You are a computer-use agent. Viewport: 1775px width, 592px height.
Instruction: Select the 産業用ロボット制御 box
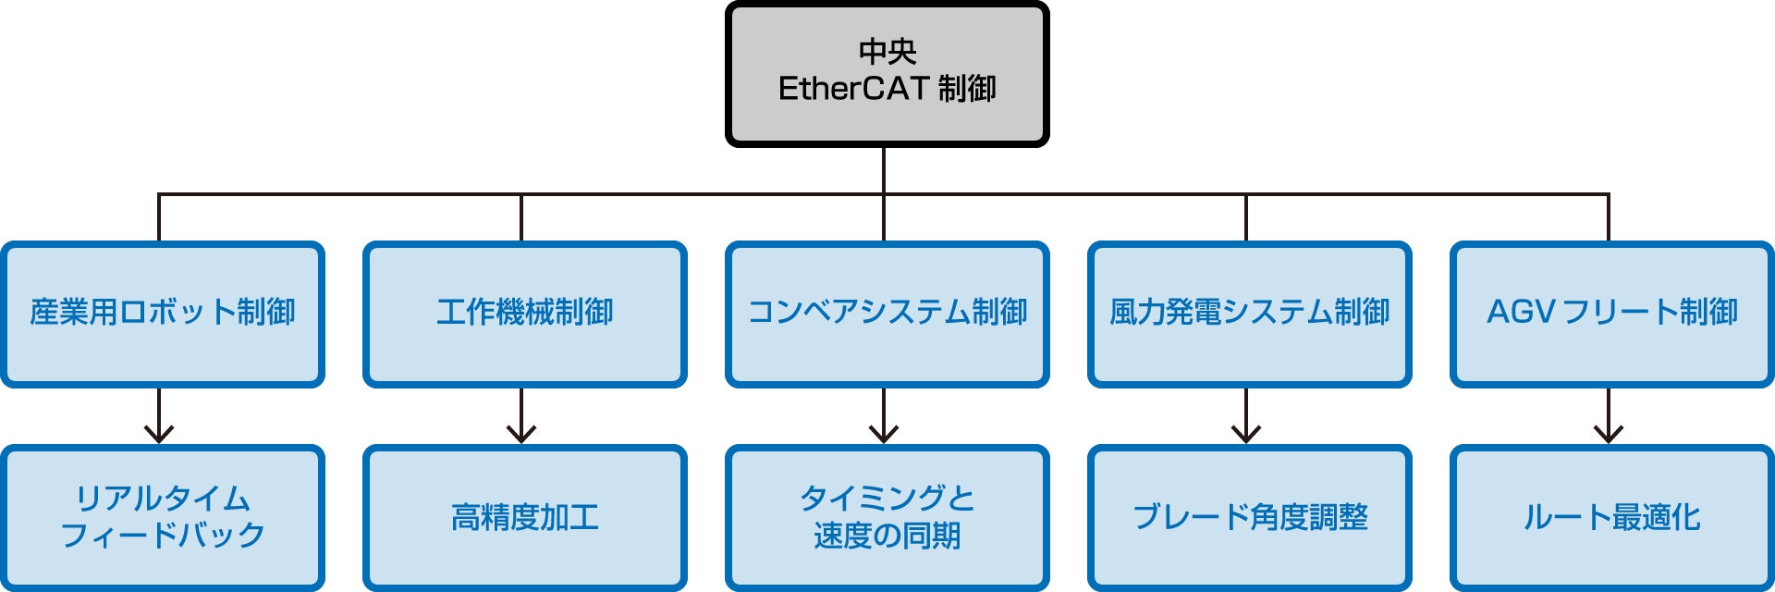(163, 314)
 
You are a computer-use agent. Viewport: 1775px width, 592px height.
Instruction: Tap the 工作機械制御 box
(524, 314)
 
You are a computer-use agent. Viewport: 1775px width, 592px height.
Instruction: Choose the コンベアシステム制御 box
(887, 314)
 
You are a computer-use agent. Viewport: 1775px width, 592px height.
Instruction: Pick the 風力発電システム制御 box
(1249, 314)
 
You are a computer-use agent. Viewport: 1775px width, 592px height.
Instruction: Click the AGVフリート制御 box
(1611, 314)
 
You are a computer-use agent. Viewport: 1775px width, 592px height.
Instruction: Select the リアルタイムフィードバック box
(163, 517)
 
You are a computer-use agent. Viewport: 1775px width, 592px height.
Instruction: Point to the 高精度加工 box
(524, 517)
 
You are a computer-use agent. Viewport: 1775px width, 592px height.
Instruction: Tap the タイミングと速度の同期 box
(887, 517)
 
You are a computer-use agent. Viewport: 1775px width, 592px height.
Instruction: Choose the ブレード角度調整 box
(1249, 517)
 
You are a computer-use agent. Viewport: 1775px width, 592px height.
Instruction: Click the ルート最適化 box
(1611, 517)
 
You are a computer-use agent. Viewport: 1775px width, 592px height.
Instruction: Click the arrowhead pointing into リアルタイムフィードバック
(159, 435)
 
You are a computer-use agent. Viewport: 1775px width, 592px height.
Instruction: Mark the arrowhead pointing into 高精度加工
(521, 435)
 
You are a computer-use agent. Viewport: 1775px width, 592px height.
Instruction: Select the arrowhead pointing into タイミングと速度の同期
(884, 435)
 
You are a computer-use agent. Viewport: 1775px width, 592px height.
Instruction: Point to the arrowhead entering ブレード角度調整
(1246, 435)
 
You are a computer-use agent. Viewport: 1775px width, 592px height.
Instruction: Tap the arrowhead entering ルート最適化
(1609, 435)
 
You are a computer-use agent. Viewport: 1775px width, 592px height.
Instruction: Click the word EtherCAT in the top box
(852, 89)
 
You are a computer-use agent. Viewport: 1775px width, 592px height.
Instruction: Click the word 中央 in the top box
(887, 51)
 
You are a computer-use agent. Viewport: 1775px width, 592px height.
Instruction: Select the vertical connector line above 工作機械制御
(521, 218)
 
